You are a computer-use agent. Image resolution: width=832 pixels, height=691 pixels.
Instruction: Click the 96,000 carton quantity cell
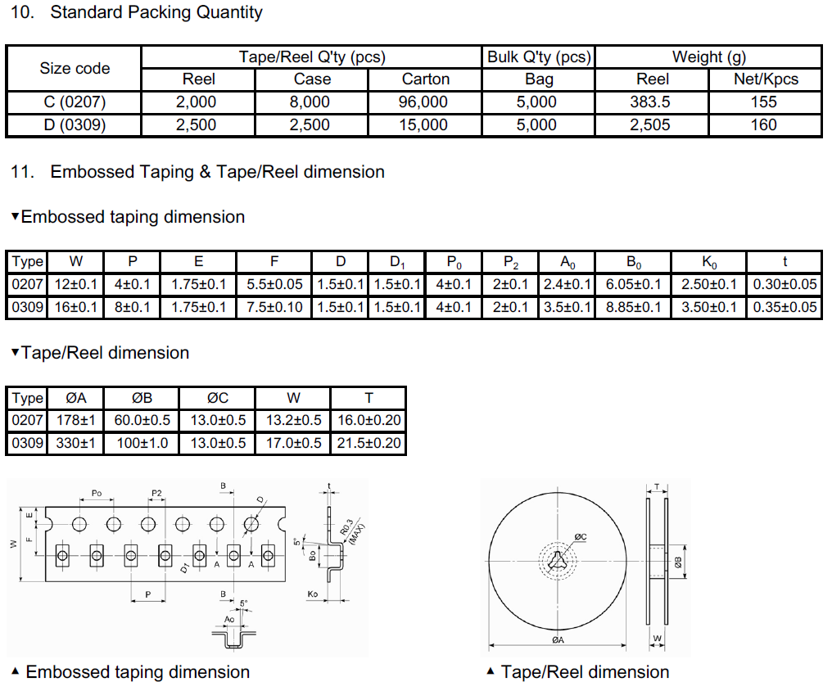[423, 102]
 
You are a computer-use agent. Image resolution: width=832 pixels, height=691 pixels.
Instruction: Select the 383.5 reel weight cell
[650, 102]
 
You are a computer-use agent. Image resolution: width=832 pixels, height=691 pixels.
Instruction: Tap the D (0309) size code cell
[75, 125]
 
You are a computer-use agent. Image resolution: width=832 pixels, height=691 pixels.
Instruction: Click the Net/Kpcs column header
[766, 79]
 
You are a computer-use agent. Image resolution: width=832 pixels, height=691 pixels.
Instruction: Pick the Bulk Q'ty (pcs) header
[539, 56]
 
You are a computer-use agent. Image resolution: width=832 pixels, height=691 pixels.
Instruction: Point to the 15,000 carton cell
[423, 125]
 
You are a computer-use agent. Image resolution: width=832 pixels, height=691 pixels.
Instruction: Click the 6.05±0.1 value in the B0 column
[634, 284]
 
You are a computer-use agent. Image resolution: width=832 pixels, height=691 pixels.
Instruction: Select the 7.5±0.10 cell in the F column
[274, 307]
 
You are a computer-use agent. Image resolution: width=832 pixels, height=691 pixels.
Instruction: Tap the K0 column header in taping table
[709, 262]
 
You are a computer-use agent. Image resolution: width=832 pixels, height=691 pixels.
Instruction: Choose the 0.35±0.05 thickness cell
[785, 307]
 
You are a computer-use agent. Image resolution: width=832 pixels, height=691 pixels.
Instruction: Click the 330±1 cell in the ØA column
[76, 443]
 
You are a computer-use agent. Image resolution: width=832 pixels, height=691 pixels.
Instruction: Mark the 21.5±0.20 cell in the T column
[369, 443]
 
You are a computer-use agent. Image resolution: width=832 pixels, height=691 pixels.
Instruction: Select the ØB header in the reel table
[142, 398]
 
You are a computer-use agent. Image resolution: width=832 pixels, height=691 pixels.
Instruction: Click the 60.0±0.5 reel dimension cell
[142, 420]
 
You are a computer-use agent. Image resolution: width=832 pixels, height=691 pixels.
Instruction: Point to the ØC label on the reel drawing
[581, 537]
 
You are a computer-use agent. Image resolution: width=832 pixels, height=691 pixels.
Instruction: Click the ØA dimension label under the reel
[558, 639]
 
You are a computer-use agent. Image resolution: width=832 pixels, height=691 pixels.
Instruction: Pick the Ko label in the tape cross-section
[313, 594]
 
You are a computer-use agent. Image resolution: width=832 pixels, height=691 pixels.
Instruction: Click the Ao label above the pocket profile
[229, 620]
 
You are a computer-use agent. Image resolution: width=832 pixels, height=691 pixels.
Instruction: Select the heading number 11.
[22, 172]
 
